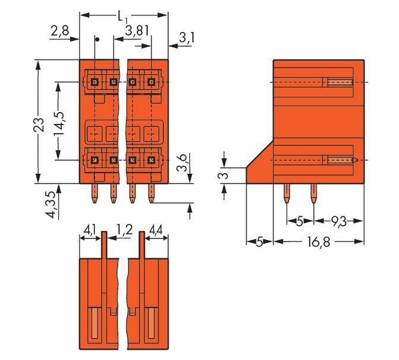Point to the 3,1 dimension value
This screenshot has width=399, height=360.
186,39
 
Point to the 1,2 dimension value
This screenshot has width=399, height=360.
124,228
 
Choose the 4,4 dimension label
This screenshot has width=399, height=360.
158,228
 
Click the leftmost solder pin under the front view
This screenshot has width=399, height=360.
95,193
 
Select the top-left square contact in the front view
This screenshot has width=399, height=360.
94,81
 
